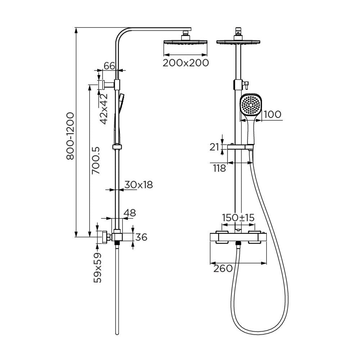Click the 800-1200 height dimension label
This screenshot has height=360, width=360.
point(70,136)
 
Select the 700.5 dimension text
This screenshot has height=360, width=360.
point(95,161)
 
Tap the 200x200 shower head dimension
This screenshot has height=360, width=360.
point(186,63)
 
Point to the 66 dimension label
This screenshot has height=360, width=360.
point(109,66)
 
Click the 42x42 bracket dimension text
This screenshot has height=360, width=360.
point(104,109)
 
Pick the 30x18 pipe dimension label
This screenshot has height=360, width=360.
point(139,184)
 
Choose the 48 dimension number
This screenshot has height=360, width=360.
point(130,213)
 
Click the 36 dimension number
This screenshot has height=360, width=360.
point(141,237)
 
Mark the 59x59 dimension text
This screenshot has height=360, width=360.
point(98,267)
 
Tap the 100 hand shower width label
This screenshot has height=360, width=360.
point(272,114)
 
